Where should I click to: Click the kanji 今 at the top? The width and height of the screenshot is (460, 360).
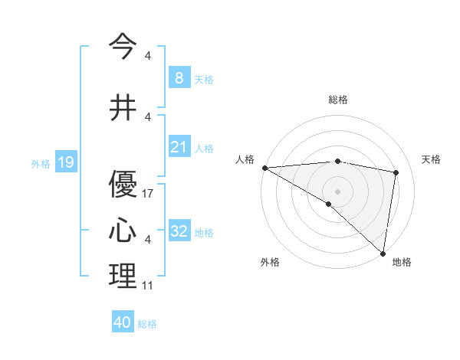[x=123, y=47]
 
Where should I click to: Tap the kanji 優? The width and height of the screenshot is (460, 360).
[x=123, y=185]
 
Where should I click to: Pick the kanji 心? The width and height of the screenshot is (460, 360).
[x=123, y=231]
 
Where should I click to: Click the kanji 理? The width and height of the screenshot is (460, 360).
[x=123, y=277]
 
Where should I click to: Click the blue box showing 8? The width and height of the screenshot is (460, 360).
[x=179, y=78]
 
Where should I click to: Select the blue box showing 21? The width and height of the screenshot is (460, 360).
[x=179, y=147]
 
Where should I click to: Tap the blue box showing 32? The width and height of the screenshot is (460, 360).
[x=179, y=231]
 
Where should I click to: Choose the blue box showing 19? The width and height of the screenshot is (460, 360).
[x=65, y=162]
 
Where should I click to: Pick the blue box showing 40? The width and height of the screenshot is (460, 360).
[x=123, y=323]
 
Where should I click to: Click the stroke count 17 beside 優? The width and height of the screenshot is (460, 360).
[x=148, y=194]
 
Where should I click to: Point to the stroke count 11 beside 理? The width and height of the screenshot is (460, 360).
[x=148, y=286]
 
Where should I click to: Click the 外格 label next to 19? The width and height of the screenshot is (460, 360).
[x=40, y=163]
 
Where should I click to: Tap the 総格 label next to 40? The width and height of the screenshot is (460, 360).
[x=147, y=324]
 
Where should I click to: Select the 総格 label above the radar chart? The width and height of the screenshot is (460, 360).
[x=337, y=100]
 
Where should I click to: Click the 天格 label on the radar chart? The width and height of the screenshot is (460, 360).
[x=432, y=159]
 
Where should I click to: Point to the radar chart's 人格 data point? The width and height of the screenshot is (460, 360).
[x=264, y=168]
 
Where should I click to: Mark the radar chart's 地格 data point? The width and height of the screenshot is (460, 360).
[x=383, y=253]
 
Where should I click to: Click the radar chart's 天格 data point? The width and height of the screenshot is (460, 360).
[x=396, y=172]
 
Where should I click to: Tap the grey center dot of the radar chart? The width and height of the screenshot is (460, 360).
[x=337, y=191]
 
